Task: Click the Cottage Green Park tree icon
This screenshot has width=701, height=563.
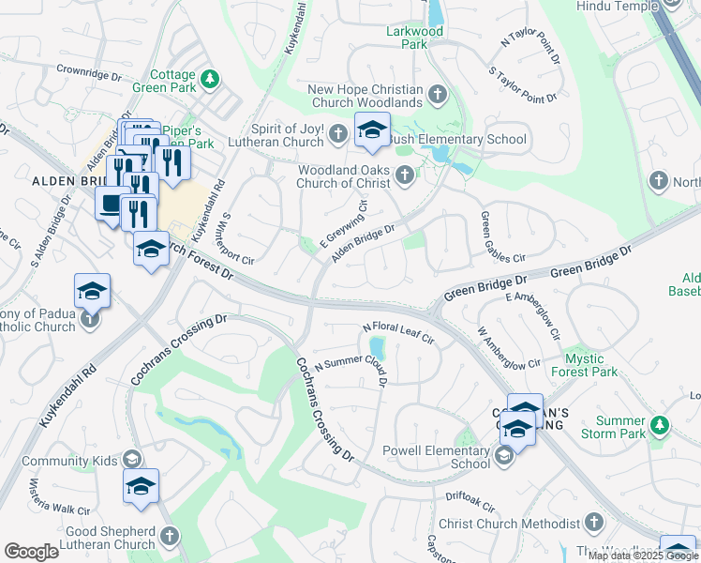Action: pyautogui.click(x=212, y=77)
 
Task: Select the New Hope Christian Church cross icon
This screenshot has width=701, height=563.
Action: pyautogui.click(x=438, y=95)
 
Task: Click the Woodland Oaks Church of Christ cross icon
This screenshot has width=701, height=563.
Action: pyautogui.click(x=405, y=175)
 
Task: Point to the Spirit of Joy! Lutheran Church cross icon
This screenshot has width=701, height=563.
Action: pyautogui.click(x=338, y=136)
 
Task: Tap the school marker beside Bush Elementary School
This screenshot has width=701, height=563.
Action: pyautogui.click(x=372, y=131)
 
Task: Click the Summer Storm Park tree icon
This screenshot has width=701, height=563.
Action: pyautogui.click(x=661, y=426)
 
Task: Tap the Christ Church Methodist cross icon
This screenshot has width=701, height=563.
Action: pyautogui.click(x=593, y=523)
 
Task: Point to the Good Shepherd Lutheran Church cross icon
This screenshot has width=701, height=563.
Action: pyautogui.click(x=169, y=536)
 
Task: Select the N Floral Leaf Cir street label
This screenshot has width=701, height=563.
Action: pyautogui.click(x=398, y=332)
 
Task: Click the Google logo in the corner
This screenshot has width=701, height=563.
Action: pyautogui.click(x=32, y=552)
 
